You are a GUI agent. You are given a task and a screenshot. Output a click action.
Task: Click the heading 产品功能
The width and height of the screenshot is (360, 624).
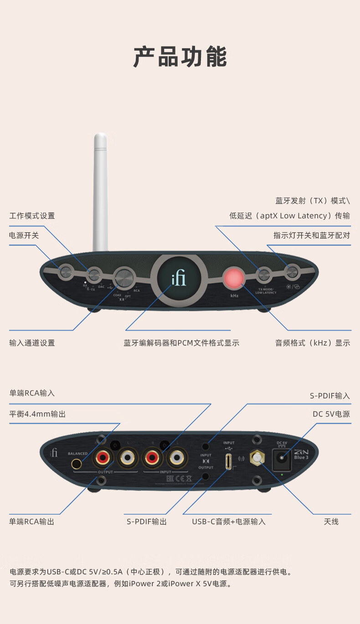coord(180,57)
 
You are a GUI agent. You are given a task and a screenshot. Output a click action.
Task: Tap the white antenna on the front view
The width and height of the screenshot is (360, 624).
coord(100,191)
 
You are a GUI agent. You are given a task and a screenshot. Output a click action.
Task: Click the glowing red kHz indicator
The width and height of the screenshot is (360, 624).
coord(234,278)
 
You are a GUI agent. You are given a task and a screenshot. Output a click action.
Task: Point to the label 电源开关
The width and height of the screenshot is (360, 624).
coord(24,236)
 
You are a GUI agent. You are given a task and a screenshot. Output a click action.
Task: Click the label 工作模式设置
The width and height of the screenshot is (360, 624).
coord(32,216)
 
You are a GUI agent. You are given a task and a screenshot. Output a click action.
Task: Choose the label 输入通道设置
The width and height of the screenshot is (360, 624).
coord(32,343)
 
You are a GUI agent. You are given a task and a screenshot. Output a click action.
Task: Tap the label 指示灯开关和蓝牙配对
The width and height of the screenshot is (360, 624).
coord(312,236)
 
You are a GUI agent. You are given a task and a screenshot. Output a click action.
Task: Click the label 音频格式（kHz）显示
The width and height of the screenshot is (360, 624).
coord(313,343)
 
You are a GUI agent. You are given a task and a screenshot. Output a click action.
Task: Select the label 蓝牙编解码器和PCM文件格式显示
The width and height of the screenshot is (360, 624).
coord(181,343)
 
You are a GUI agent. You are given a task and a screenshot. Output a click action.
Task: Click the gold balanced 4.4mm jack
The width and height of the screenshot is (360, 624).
coord(77,464)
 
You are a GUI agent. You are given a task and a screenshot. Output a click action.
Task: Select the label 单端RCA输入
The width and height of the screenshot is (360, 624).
coord(32,393)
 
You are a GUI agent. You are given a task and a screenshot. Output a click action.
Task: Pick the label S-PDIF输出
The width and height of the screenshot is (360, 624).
coord(147,521)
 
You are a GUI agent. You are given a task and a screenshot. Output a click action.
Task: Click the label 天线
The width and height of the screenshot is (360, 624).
coord(331,521)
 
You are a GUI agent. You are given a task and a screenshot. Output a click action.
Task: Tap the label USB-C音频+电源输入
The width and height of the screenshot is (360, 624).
coord(229,521)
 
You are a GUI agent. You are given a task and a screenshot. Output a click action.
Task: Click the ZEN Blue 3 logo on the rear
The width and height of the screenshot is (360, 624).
coord(301,454)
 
